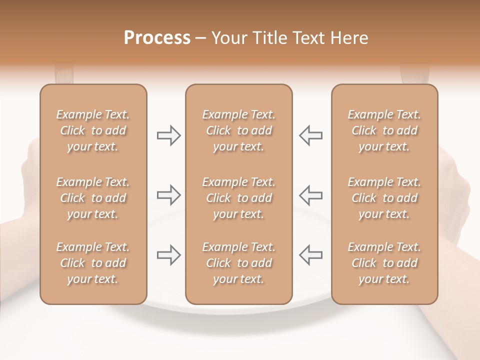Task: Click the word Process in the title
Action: pyautogui.click(x=157, y=38)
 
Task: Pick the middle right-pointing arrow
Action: pyautogui.click(x=169, y=195)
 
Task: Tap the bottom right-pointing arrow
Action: pyautogui.click(x=169, y=255)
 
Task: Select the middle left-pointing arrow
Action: pyautogui.click(x=310, y=195)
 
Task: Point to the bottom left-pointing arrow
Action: pyautogui.click(x=310, y=255)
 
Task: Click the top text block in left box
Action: pyautogui.click(x=93, y=130)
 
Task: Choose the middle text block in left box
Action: pyautogui.click(x=93, y=198)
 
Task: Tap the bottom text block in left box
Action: pyautogui.click(x=93, y=263)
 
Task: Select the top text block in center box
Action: pyautogui.click(x=238, y=130)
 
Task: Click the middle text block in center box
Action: pyautogui.click(x=238, y=198)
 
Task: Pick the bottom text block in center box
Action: pyautogui.click(x=238, y=263)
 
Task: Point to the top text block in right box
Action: pyautogui.click(x=384, y=130)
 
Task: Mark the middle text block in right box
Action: pyautogui.click(x=384, y=198)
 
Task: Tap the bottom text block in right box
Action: pyautogui.click(x=384, y=263)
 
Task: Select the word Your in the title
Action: pyautogui.click(x=229, y=38)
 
